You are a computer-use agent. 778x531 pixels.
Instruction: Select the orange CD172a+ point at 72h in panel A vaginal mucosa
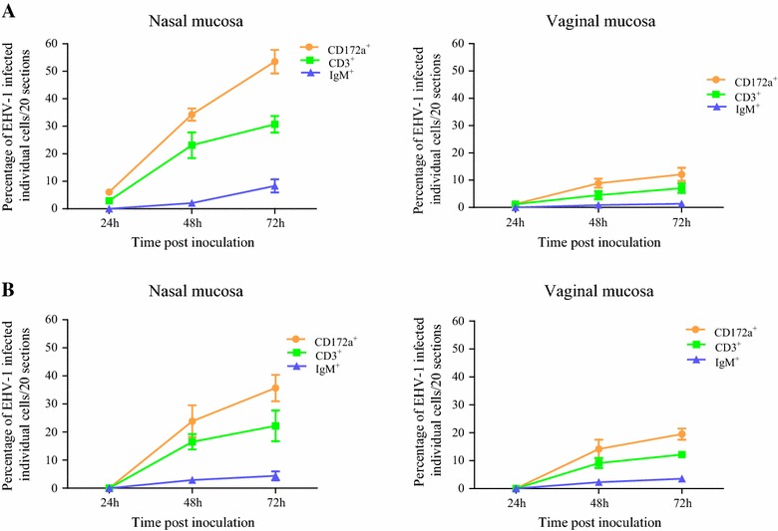point(682,174)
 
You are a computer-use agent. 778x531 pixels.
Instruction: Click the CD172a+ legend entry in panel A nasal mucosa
point(344,46)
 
